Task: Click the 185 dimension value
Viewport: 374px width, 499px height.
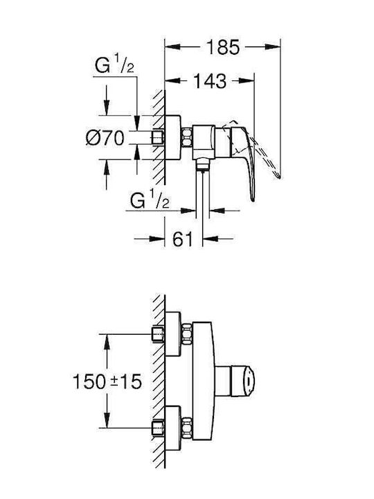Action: coord(222,47)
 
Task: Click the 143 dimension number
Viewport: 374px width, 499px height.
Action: coord(210,81)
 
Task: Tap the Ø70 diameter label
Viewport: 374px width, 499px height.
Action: coord(105,138)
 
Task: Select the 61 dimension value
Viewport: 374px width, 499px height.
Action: coord(183,238)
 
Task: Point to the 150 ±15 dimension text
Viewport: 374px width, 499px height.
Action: coord(107,381)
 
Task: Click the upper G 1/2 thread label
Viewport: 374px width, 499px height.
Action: coord(114,64)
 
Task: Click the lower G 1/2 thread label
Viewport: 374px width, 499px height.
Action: coord(150,199)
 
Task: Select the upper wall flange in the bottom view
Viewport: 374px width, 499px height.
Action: coord(173,334)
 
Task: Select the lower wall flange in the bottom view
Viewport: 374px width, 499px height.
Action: coord(173,428)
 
